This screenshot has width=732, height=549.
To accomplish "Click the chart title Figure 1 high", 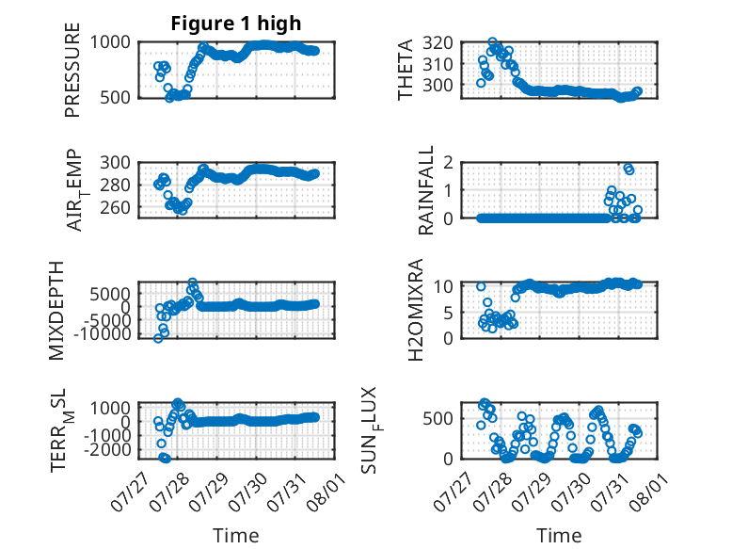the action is pos(236,24).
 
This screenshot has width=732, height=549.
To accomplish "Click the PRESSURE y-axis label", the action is pos(72,70).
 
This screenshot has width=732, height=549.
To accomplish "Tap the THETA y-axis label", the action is pos(406,70).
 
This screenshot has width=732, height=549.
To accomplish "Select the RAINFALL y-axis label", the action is pos(426,190).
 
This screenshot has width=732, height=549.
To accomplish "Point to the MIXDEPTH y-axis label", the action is pos(56,311).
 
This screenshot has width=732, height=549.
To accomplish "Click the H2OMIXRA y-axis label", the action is pos(416,310).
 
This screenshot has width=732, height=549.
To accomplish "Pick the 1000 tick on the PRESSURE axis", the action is pos(110,42).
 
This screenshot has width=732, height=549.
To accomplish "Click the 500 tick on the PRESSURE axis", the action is pos(116,98).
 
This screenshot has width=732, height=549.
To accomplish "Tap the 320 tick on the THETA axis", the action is pos(438,43).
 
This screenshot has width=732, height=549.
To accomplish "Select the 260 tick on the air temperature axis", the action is pos(116,207).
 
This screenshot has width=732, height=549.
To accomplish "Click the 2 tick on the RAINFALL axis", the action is pos(449,163).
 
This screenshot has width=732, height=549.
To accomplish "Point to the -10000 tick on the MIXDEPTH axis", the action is pos(103,334).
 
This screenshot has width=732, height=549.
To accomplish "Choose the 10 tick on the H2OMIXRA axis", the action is pos(443,286).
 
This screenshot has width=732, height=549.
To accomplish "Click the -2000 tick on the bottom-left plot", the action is pos(108,449).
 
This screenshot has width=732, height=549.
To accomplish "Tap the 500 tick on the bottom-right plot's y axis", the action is pos(438,418).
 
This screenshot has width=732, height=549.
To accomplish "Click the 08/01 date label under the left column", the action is pos(326,492).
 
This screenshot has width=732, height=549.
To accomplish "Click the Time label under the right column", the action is pos(559,536).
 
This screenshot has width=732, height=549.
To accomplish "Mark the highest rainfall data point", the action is pos(628,168).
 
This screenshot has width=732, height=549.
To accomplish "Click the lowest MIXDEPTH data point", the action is pos(158,338).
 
